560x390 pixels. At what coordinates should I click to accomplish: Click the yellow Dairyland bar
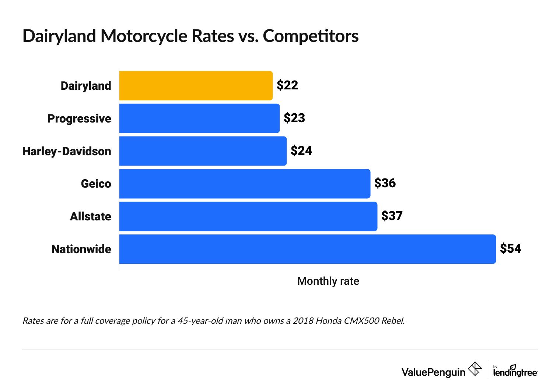point(196,86)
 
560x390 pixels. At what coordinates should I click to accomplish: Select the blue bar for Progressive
point(199,118)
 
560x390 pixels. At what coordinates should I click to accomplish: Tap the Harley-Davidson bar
point(203,151)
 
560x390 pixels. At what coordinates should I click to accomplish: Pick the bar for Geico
point(245,184)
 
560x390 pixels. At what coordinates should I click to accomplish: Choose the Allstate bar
point(248,216)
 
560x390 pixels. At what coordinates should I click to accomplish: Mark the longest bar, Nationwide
point(308,249)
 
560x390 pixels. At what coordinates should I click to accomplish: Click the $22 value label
point(287,85)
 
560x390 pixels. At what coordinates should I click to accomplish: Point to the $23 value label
point(294,118)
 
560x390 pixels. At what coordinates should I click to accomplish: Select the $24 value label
point(301,151)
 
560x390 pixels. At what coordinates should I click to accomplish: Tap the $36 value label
point(385,183)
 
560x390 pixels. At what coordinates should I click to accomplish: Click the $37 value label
point(392,216)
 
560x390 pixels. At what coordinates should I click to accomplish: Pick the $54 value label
point(511,249)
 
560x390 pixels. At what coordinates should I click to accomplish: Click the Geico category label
point(96,184)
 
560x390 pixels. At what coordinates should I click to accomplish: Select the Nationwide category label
point(81,249)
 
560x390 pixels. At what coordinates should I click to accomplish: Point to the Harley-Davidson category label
point(67,151)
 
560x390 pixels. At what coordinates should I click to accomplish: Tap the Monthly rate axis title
point(328,281)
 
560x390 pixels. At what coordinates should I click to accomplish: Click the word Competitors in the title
point(311,36)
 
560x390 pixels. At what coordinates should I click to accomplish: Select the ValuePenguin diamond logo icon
point(475,369)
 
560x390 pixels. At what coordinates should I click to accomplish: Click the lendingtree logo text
point(515,372)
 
